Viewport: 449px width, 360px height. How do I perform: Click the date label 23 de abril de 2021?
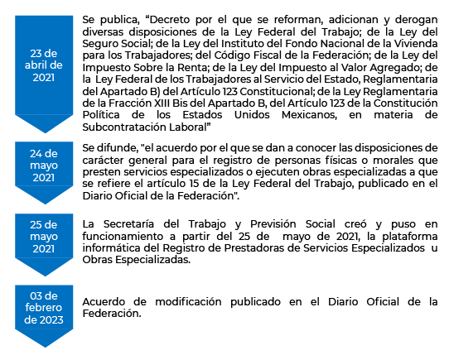click(44, 65)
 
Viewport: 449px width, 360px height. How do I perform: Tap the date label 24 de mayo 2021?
click(44, 166)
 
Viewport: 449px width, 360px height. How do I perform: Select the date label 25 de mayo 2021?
click(44, 237)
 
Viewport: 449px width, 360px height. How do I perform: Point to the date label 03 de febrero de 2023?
click(44, 308)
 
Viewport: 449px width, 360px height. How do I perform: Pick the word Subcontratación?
click(124, 127)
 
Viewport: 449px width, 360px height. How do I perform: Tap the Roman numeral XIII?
click(162, 103)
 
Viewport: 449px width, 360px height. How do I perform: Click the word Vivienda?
click(416, 44)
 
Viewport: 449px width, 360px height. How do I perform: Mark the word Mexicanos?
click(309, 115)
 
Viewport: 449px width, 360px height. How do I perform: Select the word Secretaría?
click(128, 224)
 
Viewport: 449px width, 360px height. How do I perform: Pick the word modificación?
click(188, 302)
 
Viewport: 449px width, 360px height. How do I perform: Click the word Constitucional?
click(276, 92)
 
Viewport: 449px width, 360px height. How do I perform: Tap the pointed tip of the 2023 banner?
click(45, 347)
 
